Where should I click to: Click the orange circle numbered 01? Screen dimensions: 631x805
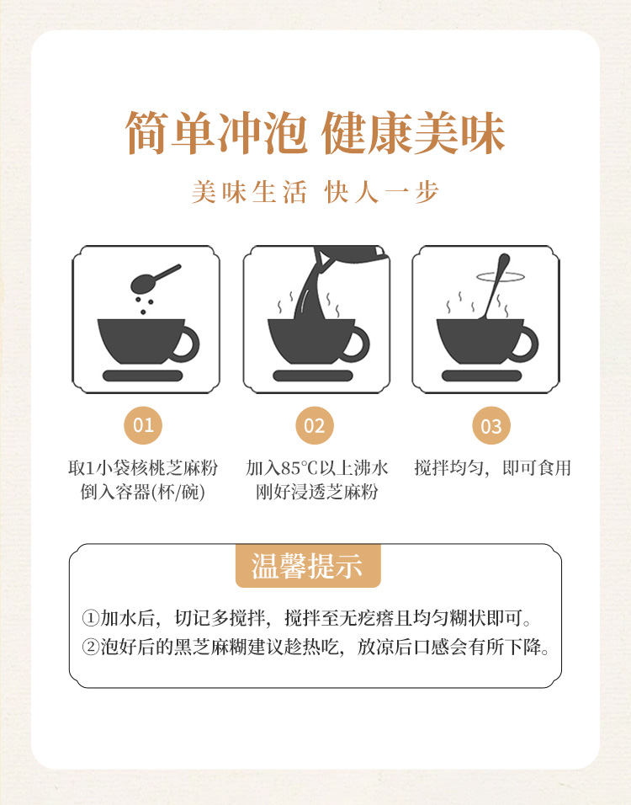143,425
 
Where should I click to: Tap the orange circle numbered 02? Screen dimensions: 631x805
315,425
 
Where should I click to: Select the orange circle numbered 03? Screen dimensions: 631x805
491,425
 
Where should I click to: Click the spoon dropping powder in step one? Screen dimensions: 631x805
154,278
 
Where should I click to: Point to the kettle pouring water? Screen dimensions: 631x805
349,255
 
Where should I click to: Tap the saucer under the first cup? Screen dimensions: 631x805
143,376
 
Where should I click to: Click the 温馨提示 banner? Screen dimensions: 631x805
308,565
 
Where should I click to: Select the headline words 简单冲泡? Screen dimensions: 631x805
216,132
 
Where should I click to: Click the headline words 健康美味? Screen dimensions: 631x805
413,132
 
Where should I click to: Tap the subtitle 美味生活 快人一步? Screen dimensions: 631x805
315,193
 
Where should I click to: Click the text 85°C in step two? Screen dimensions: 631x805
300,468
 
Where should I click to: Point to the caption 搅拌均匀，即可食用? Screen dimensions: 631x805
492,467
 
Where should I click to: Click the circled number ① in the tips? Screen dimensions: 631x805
90,617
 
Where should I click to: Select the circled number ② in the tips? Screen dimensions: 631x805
90,647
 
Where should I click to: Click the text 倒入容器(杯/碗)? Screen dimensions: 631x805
143,492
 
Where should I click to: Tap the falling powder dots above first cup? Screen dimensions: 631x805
144,305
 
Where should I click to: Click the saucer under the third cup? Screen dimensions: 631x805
482,376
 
